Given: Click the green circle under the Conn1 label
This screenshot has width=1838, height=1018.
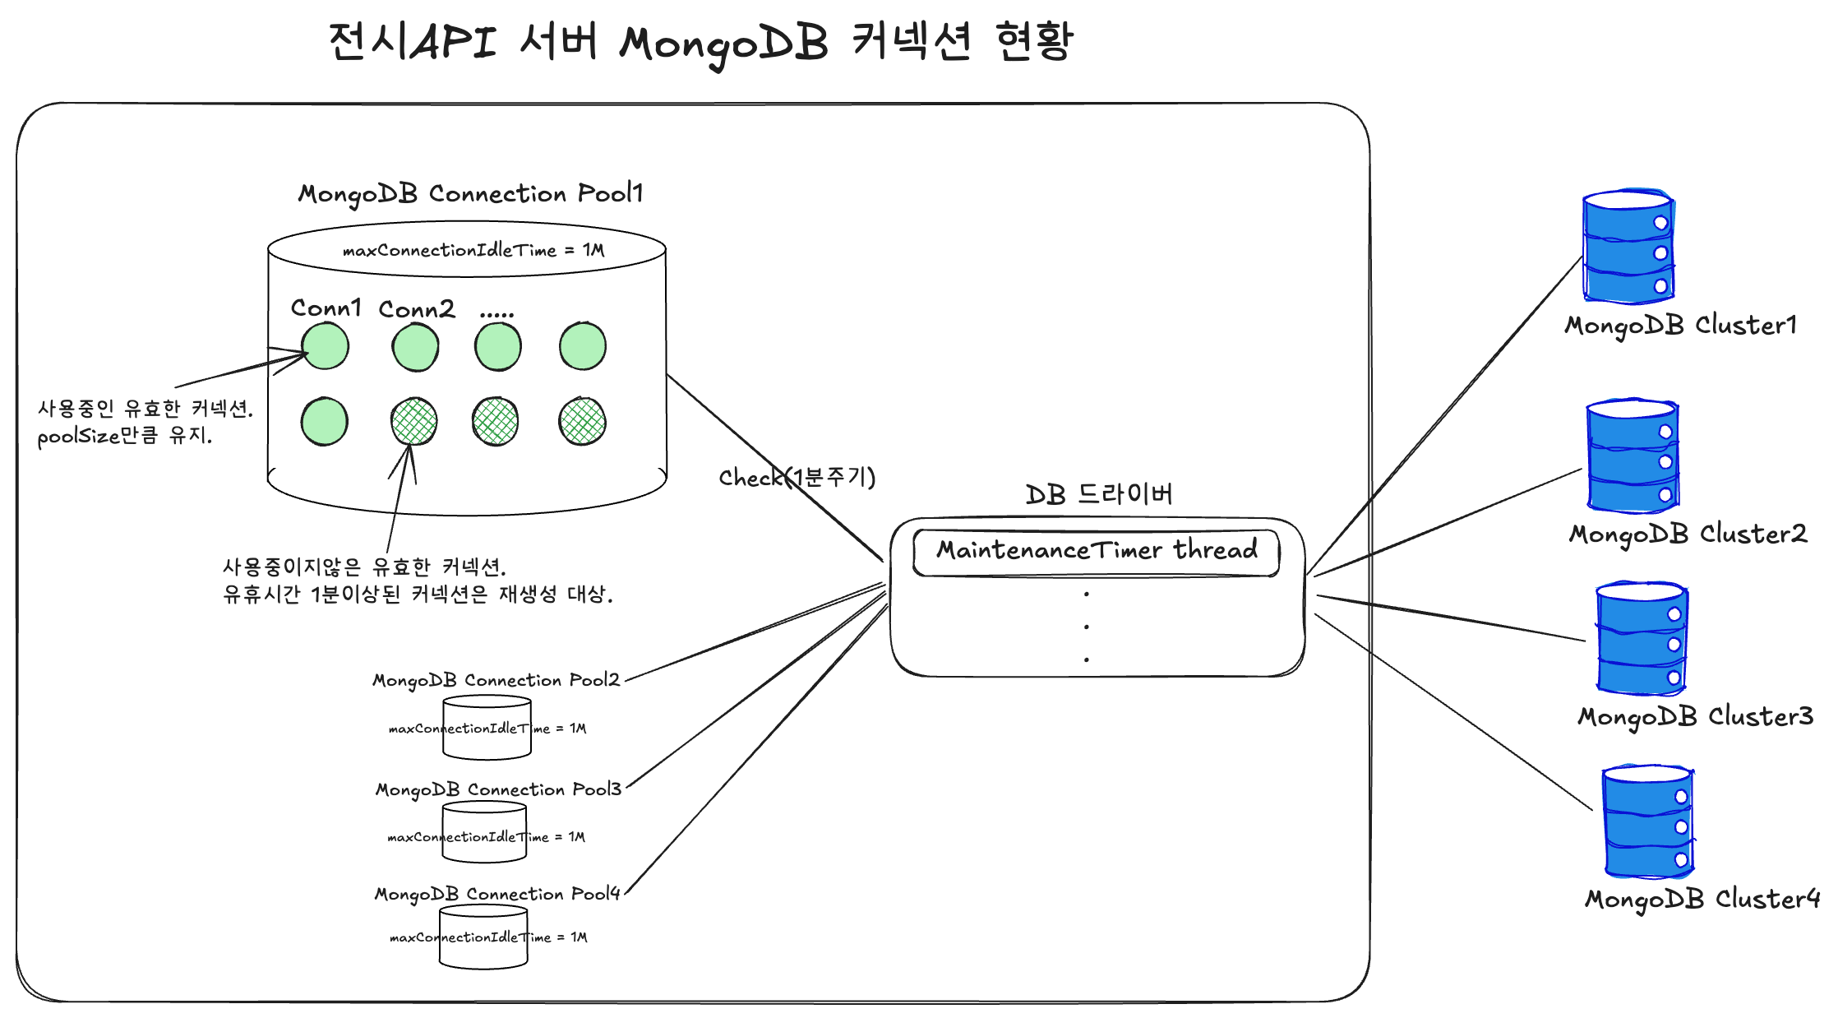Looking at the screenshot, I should point(326,346).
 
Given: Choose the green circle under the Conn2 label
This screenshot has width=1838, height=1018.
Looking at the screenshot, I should point(415,347).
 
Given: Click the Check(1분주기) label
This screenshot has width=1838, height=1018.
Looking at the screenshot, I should point(797,478).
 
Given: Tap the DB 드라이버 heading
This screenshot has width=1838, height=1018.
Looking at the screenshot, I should point(1098,494).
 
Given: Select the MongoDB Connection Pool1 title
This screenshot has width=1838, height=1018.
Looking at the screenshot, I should point(470,194).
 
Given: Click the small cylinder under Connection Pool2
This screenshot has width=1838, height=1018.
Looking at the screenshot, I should point(487,728).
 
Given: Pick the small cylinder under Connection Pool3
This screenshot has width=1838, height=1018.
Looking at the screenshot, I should point(484,833).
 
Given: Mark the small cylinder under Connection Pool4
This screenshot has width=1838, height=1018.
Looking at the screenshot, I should point(483,937).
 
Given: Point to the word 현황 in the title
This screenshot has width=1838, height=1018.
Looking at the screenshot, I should point(1033,41).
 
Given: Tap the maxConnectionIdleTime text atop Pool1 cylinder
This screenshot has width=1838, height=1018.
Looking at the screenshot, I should point(473,250).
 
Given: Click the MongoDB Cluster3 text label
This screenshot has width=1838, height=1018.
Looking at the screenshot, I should point(1695,717).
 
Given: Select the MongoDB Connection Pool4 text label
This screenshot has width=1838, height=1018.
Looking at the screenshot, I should point(497,895).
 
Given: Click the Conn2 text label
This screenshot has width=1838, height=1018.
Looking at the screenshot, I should point(416,309).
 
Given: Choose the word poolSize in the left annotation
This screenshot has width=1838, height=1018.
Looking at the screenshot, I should point(78,437).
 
